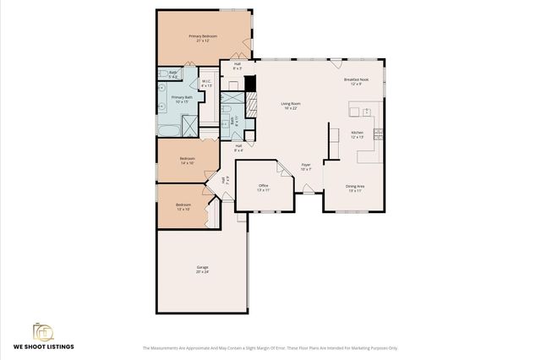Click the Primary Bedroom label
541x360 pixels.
click(203, 38)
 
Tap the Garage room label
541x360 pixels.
click(202, 270)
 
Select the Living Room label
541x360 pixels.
click(291, 106)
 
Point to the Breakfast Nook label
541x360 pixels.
click(353, 81)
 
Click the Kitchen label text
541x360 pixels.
click(357, 134)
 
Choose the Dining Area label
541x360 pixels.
click(355, 188)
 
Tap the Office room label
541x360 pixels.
click(263, 188)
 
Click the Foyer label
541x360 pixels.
click(306, 166)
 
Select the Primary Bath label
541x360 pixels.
click(183, 99)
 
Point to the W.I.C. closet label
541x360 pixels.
click(207, 84)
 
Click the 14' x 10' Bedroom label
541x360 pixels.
click(187, 160)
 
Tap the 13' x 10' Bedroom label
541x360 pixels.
click(183, 206)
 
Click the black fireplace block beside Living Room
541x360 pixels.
click(249, 84)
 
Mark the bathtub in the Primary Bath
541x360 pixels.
click(167, 129)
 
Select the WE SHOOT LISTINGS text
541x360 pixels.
click(43, 346)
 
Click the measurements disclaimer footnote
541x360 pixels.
click(270, 347)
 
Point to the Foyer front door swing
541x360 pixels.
click(309, 188)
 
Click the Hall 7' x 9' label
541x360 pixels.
click(224, 180)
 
